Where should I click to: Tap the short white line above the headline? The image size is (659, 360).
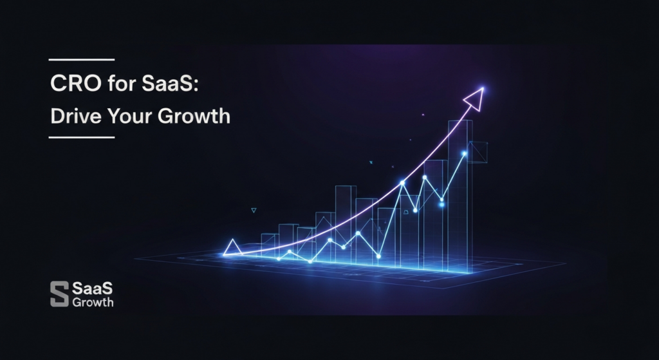[81, 60]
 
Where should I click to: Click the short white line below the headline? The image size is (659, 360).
[81, 137]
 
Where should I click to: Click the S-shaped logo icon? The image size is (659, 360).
[59, 294]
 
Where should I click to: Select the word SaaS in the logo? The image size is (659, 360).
[92, 288]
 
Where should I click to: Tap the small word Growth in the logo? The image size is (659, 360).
[93, 302]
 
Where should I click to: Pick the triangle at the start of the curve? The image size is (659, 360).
[232, 247]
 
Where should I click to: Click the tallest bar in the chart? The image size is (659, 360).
[460, 193]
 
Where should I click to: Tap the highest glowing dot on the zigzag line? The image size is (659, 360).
[464, 153]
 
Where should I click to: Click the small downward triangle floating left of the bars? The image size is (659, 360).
[254, 210]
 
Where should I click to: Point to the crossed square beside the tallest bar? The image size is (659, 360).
[479, 151]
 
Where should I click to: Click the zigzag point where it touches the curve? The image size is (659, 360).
[402, 183]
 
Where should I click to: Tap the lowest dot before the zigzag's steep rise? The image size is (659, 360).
[378, 256]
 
